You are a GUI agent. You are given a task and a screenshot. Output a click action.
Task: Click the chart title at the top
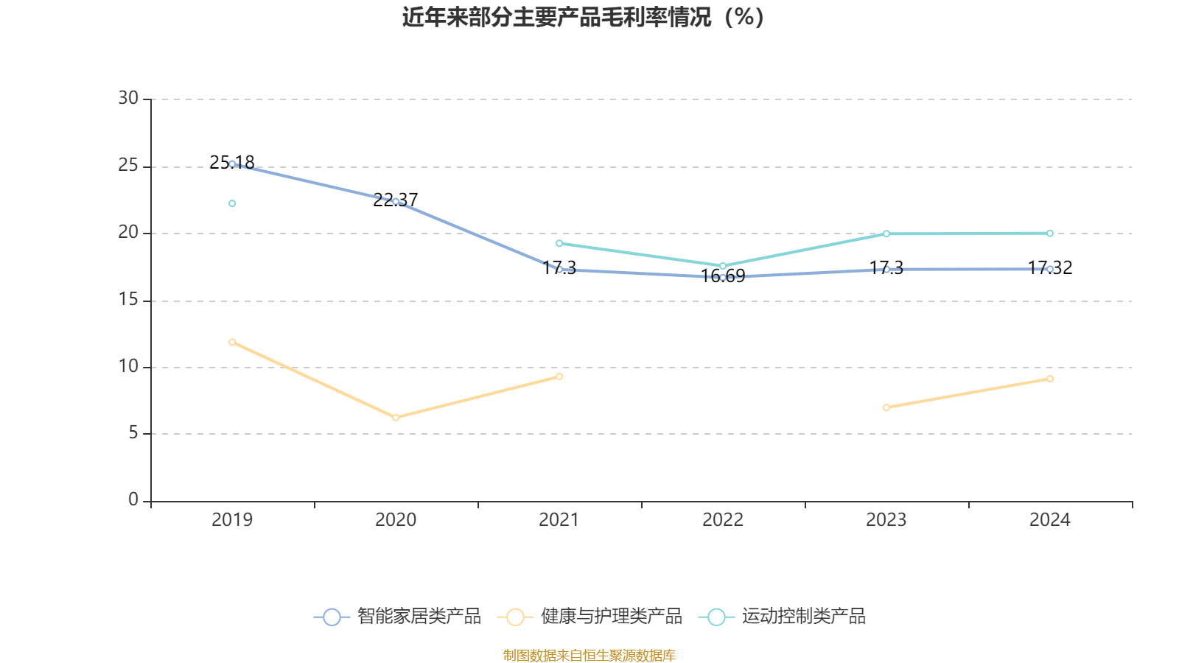pos(583,17)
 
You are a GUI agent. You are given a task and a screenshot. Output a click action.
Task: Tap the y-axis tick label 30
pos(128,98)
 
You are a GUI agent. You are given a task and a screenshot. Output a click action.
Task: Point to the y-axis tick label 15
pos(128,299)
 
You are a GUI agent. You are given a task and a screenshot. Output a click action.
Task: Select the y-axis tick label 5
pos(133,432)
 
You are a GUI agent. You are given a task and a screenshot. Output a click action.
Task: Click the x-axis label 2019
pos(232,520)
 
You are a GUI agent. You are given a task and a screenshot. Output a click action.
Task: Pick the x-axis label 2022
pos(723,520)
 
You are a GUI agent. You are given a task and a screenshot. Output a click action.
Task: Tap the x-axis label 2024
pos(1049,520)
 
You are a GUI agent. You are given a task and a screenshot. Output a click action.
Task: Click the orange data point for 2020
pos(396,418)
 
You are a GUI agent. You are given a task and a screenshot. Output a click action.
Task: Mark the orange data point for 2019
pos(232,342)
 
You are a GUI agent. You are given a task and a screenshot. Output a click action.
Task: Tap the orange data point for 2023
pos(886,407)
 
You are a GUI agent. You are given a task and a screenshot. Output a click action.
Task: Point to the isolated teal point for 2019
pos(232,203)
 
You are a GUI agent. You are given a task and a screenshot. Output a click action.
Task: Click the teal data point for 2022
pos(723,266)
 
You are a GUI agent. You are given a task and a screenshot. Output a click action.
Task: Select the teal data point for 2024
pos(1050,234)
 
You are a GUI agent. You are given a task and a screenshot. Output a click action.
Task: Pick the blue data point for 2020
pos(396,201)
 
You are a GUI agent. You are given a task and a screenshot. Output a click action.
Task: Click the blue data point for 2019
pos(232,164)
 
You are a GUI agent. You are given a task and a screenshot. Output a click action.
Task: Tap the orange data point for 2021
pos(559,376)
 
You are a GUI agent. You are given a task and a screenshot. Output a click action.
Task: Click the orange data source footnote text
pos(589,655)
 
